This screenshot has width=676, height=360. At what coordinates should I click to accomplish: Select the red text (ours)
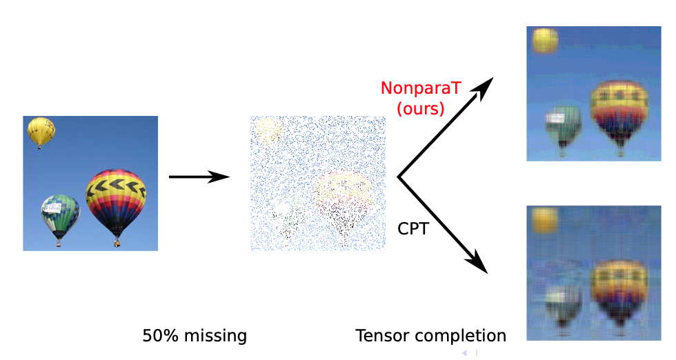[x=420, y=108]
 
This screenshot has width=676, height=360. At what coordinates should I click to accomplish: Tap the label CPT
[x=413, y=228]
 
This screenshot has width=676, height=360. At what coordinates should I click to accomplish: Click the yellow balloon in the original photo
[x=41, y=131]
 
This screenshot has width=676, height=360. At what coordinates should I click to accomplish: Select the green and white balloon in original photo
[x=60, y=214]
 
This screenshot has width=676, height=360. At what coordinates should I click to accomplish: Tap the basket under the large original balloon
[x=117, y=243]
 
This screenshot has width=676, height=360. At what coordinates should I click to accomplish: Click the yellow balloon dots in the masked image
[x=268, y=129]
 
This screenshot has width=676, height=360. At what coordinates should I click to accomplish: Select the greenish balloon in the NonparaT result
[x=564, y=124]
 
